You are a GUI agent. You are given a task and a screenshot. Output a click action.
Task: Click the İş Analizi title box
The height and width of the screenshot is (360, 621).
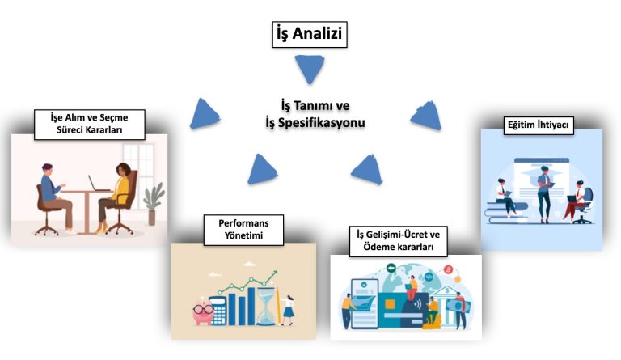click(x=310, y=34)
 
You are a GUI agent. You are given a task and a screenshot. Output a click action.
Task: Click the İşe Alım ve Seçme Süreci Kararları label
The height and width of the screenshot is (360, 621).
click(x=88, y=122)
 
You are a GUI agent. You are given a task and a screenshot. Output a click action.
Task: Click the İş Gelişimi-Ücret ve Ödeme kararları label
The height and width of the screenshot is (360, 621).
click(x=397, y=240)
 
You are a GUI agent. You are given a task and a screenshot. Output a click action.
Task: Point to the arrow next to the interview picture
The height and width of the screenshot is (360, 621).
click(x=205, y=113)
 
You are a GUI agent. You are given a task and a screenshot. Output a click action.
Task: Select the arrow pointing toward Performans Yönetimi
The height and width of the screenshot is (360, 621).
click(x=263, y=168)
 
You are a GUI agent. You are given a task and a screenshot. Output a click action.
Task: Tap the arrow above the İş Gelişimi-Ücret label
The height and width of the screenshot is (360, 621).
click(x=368, y=170)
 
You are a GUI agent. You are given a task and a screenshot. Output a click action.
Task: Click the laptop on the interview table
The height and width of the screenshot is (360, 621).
click(x=99, y=184)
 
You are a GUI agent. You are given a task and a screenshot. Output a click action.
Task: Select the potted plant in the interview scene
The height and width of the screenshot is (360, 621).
click(x=153, y=202)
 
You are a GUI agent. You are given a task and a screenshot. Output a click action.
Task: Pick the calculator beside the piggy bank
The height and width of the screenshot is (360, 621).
click(x=218, y=311)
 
